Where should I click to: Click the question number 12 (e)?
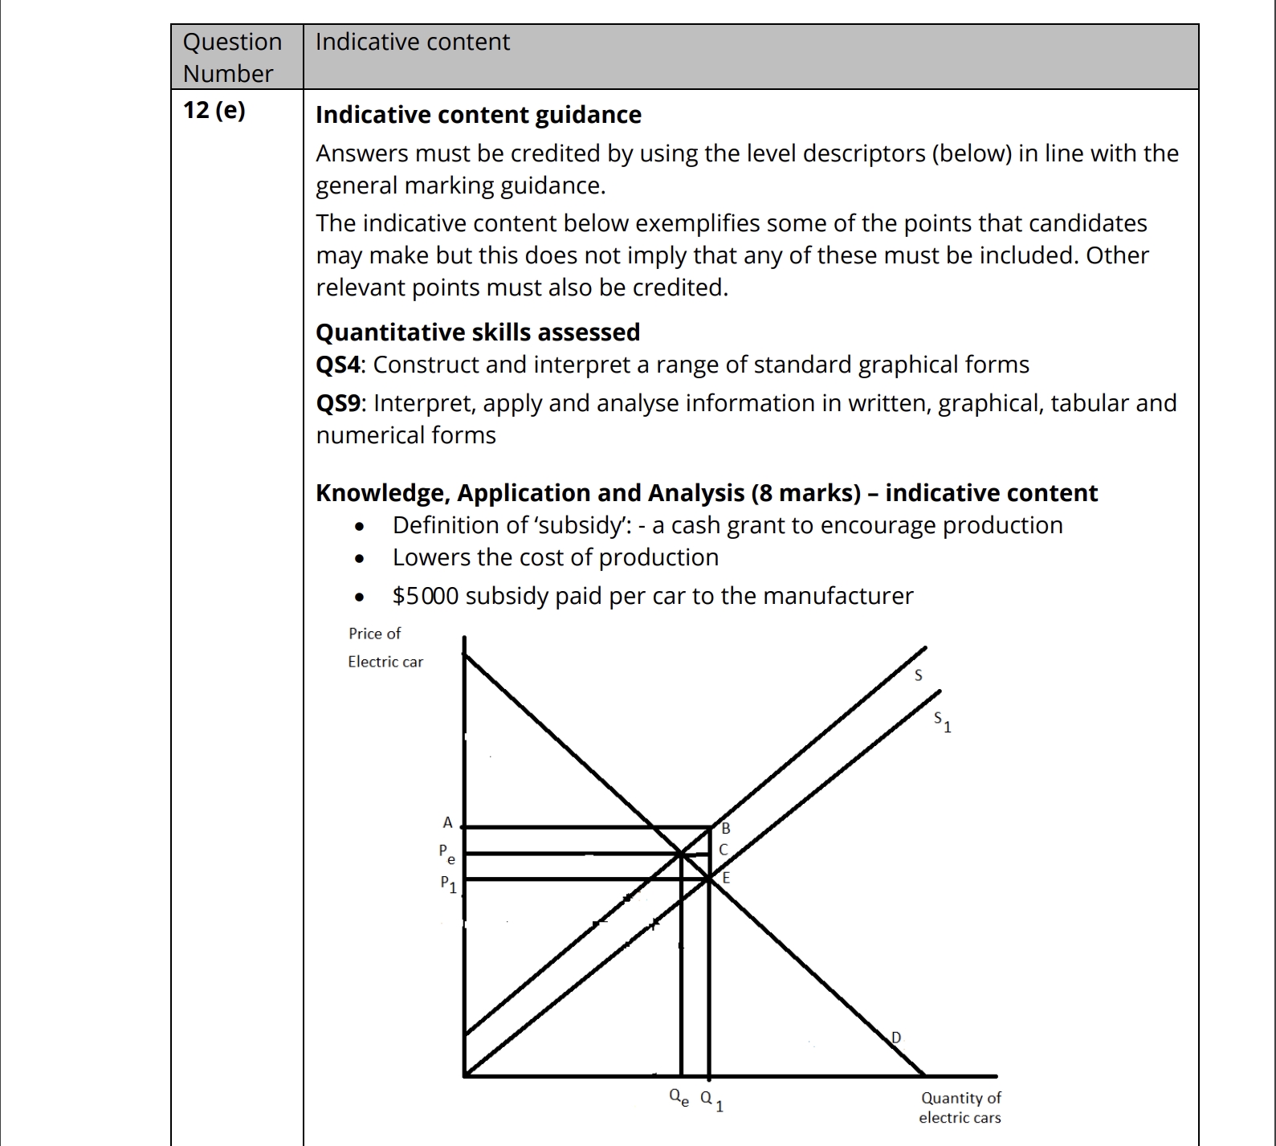coord(214,110)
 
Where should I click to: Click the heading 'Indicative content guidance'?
coord(478,115)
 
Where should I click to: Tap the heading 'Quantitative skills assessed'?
coord(478,332)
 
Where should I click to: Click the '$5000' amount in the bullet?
coord(426,596)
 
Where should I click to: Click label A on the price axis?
coord(448,822)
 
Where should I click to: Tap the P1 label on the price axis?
coord(448,883)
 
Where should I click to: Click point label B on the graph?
coord(725,828)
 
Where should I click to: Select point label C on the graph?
coord(724,850)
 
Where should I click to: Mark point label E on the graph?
coord(726,878)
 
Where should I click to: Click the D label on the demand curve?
coord(896,1038)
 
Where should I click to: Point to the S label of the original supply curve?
coord(919,675)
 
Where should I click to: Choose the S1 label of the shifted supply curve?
coord(942,722)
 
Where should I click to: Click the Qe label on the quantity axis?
coord(679,1097)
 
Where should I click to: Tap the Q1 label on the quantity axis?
coord(711,1099)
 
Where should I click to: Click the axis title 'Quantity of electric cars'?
coord(960,1107)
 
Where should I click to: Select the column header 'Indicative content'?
coord(412,42)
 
